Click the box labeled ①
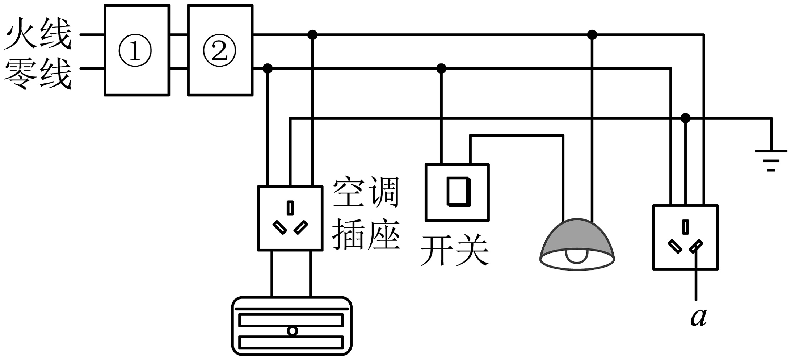137,50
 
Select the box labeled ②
220,50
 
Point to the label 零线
38,74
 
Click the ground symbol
771,159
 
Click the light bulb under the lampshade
577,256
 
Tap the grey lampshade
577,235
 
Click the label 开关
455,251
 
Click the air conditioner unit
292,326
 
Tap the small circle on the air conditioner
292,331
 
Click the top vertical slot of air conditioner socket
290,208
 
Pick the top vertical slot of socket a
685,227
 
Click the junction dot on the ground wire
685,118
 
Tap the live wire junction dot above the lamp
592,35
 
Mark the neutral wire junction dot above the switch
441,68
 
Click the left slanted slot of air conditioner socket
279,227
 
